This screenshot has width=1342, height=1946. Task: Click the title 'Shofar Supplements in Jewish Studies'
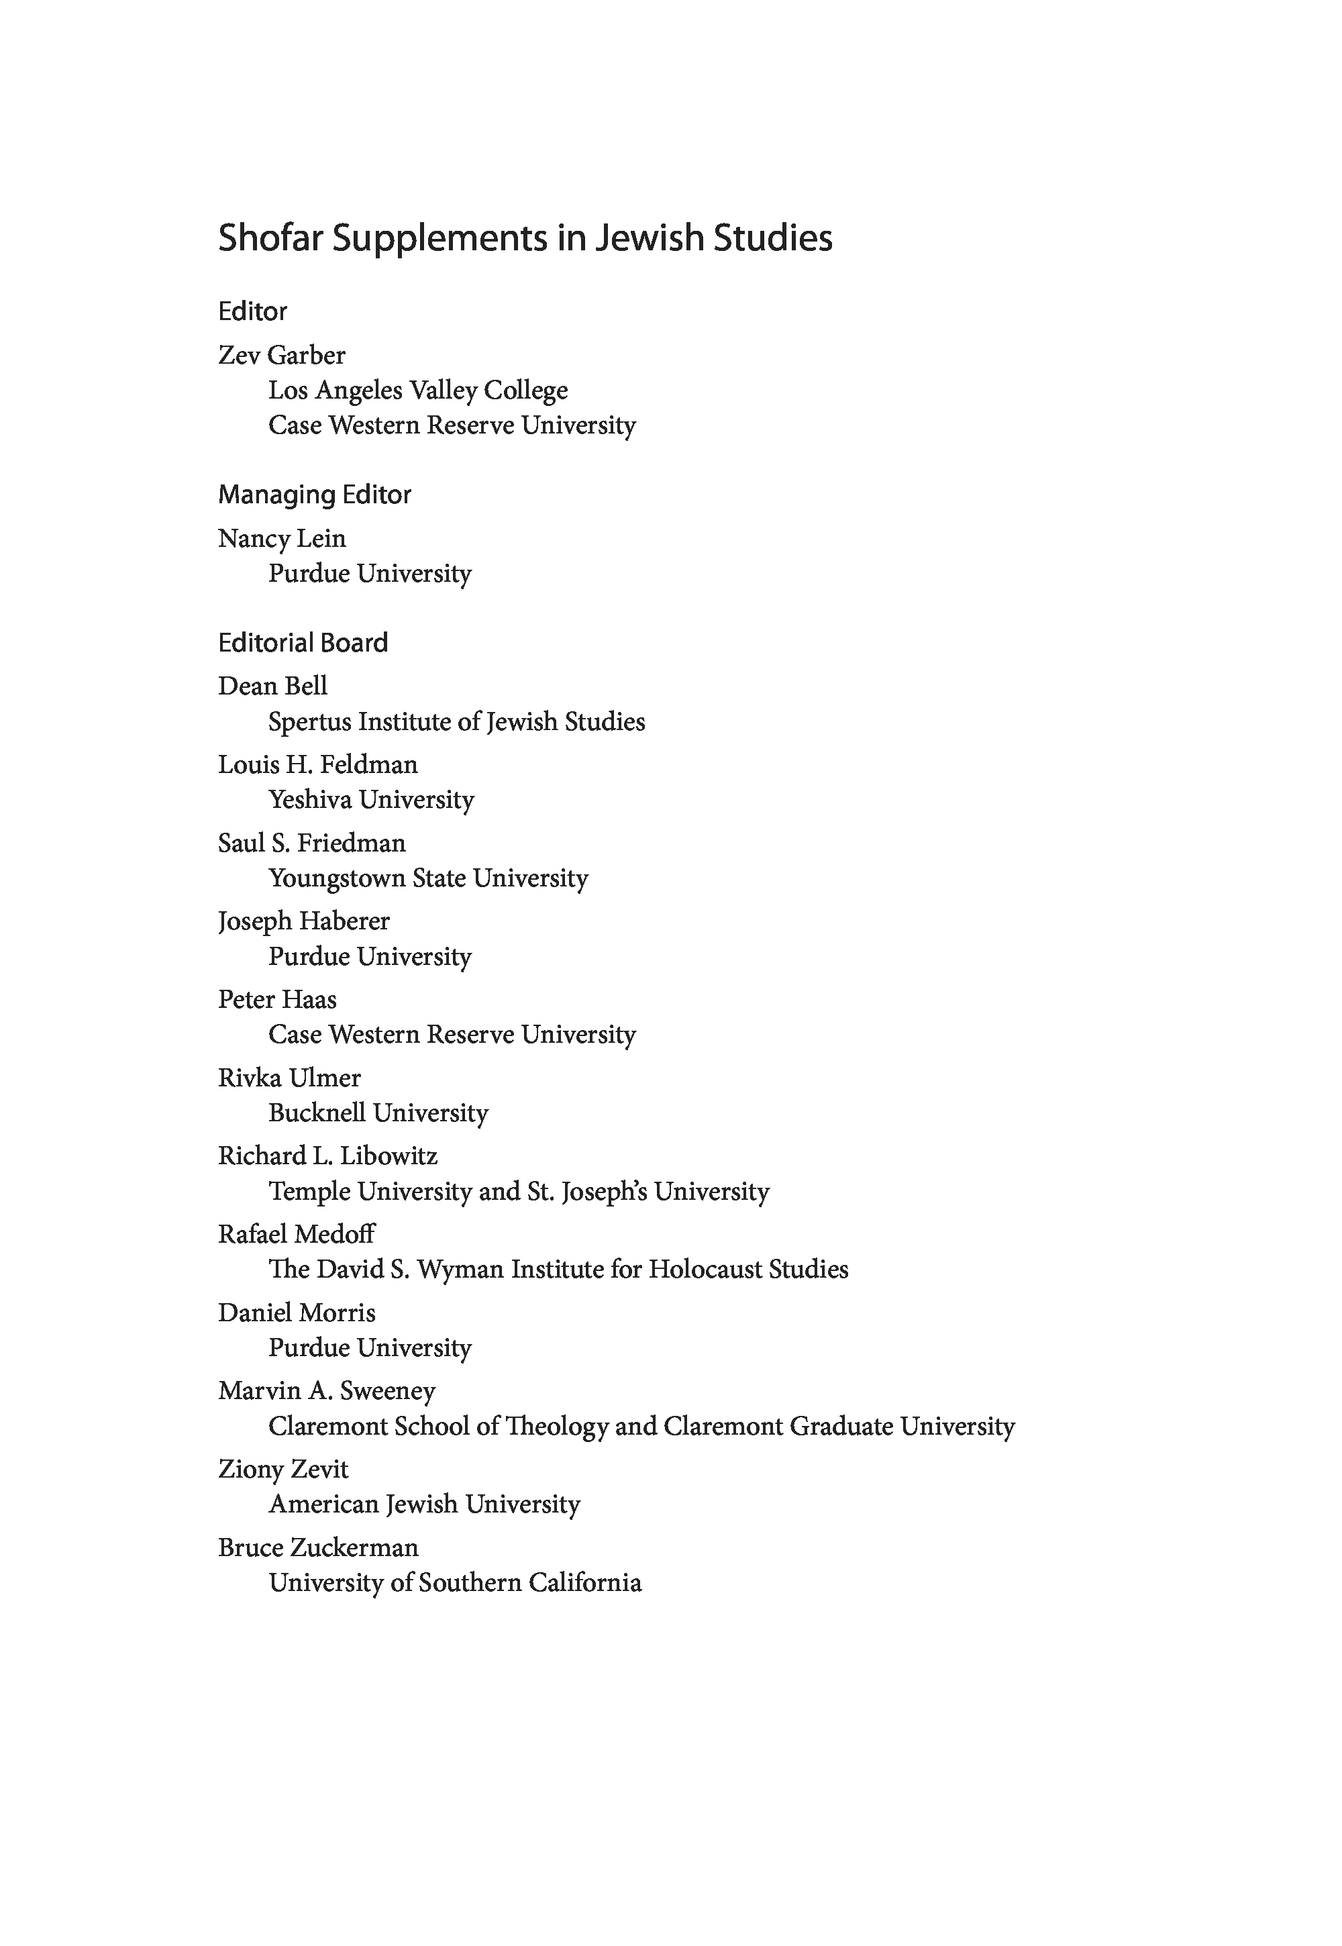pos(525,238)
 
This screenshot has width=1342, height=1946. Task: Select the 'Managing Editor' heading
pos(315,495)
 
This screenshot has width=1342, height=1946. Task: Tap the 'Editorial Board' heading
pos(303,644)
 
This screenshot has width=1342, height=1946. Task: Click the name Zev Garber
pos(282,355)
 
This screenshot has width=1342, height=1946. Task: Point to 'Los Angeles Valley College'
pos(418,391)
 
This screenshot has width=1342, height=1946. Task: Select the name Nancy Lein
pos(282,538)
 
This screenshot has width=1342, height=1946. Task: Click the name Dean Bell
pos(272,686)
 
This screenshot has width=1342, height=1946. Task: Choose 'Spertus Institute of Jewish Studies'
pos(456,721)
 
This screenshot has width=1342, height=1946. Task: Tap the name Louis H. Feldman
pos(318,764)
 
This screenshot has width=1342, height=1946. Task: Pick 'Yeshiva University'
pos(371,800)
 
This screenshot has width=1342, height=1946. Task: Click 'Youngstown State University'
pos(428,878)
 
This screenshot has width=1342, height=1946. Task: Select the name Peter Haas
pos(278,999)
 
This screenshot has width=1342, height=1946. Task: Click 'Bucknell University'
pos(378,1113)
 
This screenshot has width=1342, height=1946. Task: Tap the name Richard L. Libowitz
pos(328,1156)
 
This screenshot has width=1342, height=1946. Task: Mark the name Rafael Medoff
pos(296,1234)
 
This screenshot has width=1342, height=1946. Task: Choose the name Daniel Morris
pos(297,1313)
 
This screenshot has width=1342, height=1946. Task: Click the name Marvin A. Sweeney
pos(327,1391)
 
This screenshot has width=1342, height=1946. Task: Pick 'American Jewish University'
pos(425,1504)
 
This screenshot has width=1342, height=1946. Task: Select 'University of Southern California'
pos(455,1583)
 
